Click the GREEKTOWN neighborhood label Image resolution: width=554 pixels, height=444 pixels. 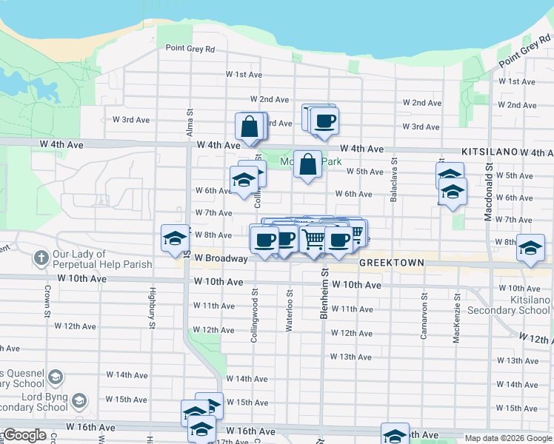point(392,263)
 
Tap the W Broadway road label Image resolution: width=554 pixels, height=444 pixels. point(221,258)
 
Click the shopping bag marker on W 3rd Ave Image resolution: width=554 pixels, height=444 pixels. point(250,127)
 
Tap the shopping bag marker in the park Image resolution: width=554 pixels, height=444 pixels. point(307,165)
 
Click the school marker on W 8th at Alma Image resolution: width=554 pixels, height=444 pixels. point(175,238)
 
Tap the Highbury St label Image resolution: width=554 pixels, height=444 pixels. point(152,308)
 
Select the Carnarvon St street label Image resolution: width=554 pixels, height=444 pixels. point(424,320)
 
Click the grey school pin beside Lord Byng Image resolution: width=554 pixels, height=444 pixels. point(79,400)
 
